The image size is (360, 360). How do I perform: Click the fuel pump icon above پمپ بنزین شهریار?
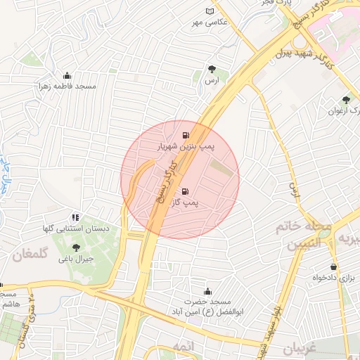(x=186, y=136)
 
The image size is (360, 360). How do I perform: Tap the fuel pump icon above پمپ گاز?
(x=185, y=190)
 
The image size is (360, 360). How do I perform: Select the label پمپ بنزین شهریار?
(x=186, y=147)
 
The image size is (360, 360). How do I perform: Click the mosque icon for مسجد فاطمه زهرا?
(x=67, y=75)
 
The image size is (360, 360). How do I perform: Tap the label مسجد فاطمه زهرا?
(x=67, y=86)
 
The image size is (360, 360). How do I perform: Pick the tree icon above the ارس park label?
(x=212, y=68)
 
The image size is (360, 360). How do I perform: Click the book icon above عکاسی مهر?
(x=209, y=11)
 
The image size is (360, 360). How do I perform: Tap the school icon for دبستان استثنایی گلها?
(x=76, y=217)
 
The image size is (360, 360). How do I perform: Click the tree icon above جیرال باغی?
(x=76, y=247)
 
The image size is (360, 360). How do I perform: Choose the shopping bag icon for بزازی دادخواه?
(x=333, y=267)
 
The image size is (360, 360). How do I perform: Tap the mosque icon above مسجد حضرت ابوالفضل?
(x=207, y=292)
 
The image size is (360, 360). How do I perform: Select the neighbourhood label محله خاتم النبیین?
(x=313, y=234)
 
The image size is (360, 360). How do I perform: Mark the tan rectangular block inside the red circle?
(x=221, y=169)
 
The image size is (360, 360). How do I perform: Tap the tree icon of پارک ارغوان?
(x=345, y=100)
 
